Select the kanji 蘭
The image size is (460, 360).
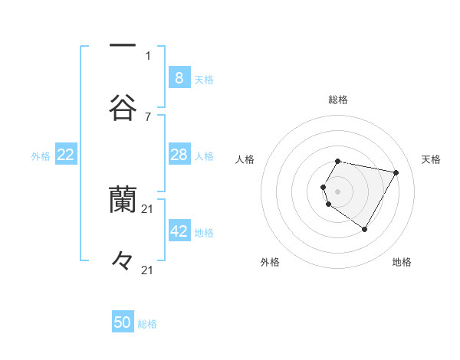coord(122,198)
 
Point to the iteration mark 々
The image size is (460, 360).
coord(122,260)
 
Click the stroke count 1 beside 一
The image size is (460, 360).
coord(148,55)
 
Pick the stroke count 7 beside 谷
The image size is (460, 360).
coord(148,116)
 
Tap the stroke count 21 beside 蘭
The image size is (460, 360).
coord(148,208)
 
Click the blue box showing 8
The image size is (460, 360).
coord(179,78)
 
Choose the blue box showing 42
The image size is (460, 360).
coord(179,231)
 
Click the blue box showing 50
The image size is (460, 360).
coord(123,322)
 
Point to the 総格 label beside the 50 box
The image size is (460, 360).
coord(147,324)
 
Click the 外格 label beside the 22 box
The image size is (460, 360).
coord(41,156)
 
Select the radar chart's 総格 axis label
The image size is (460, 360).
coord(338,100)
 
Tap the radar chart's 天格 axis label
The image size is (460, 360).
coord(432,159)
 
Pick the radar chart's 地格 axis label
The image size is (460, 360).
coord(402,262)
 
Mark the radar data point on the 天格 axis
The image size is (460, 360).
coord(396,172)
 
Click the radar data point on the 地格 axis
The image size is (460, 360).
coord(364,229)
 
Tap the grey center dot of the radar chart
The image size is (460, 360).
coord(337,191)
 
